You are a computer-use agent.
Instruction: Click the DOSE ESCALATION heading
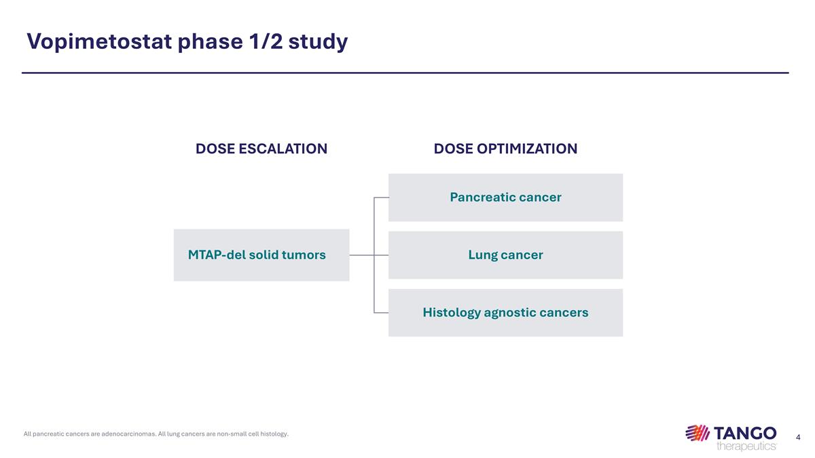(261, 149)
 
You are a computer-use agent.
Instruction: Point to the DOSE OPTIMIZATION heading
(505, 149)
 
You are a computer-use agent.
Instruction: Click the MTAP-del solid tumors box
(261, 255)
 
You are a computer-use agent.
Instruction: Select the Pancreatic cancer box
(505, 197)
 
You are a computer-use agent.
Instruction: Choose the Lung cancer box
(505, 255)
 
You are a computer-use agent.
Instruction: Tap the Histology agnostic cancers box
(505, 313)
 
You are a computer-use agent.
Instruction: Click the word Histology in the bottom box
(451, 313)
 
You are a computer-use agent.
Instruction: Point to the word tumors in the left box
(302, 255)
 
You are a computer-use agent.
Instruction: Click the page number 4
(798, 437)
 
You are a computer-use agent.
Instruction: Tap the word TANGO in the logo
(745, 432)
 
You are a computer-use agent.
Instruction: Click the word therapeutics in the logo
(746, 445)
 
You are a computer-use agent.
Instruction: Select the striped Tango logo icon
(698, 433)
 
